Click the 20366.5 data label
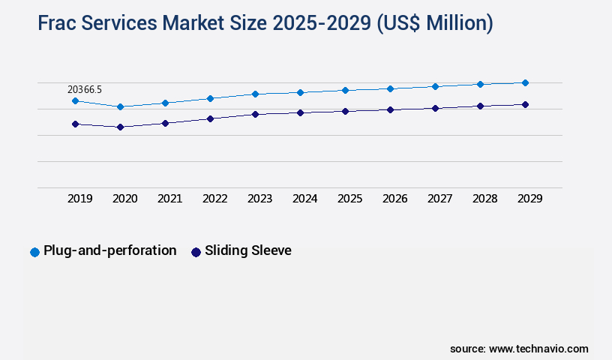pyautogui.click(x=85, y=89)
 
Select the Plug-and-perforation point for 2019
pyautogui.click(x=75, y=100)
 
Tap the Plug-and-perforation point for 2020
pyautogui.click(x=120, y=106)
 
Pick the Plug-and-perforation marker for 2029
pyautogui.click(x=525, y=82)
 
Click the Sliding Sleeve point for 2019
pyautogui.click(x=75, y=124)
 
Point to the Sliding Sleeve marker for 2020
pyautogui.click(x=120, y=127)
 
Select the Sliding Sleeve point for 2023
pyautogui.click(x=255, y=114)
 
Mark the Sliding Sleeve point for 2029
pyautogui.click(x=525, y=104)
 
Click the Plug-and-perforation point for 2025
pyautogui.click(x=345, y=90)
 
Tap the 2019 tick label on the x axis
pyautogui.click(x=80, y=199)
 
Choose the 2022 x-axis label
pyautogui.click(x=215, y=199)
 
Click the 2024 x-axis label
pyautogui.click(x=305, y=199)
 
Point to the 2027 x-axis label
pyautogui.click(x=440, y=199)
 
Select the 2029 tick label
pyautogui.click(x=530, y=199)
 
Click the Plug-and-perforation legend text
pyautogui.click(x=110, y=250)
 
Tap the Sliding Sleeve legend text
pyautogui.click(x=248, y=250)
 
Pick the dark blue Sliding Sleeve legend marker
pyautogui.click(x=196, y=252)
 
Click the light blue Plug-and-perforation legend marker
pyautogui.click(x=34, y=252)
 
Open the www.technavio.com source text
pyautogui.click(x=538, y=349)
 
